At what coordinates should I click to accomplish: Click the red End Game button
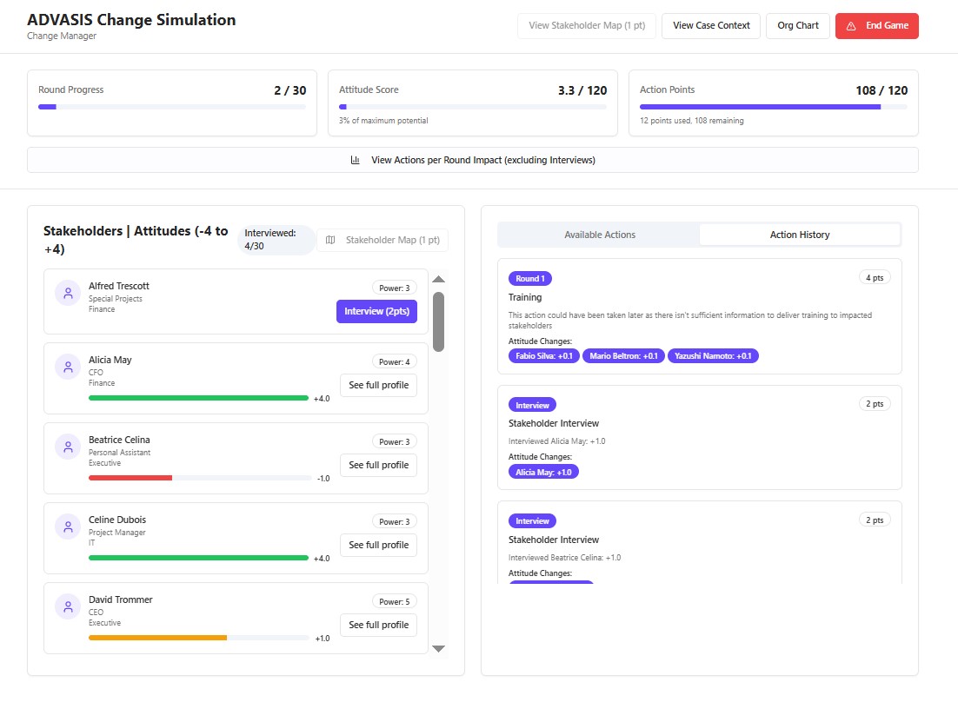click(877, 26)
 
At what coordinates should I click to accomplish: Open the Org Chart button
click(798, 26)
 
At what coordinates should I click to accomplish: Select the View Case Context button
click(711, 26)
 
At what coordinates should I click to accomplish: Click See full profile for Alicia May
click(379, 385)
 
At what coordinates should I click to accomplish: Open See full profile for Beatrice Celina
click(379, 465)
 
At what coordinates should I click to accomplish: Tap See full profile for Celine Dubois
click(379, 545)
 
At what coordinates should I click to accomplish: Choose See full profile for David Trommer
click(379, 625)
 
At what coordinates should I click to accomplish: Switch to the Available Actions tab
click(599, 235)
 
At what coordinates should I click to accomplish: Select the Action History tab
click(800, 235)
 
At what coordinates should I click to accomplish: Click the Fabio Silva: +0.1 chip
click(543, 355)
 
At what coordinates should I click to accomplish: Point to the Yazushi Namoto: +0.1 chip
click(713, 355)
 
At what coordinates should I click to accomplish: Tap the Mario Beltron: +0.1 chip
click(624, 355)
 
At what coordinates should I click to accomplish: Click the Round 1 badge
click(530, 279)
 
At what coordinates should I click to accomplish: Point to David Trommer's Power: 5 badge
click(395, 601)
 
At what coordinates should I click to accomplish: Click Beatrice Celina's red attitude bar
click(130, 478)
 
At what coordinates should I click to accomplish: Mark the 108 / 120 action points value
click(881, 90)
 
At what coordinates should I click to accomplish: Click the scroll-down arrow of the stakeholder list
click(439, 649)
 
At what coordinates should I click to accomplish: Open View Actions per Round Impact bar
click(473, 160)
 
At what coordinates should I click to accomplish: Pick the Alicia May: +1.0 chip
click(543, 472)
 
